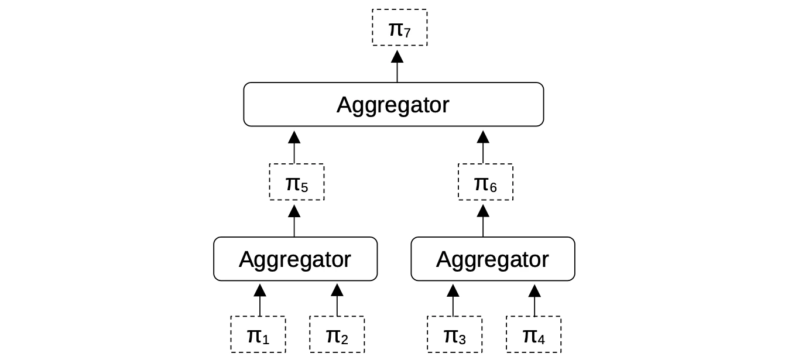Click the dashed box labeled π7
tap(400, 28)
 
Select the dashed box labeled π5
tap(296, 182)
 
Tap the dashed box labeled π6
tap(485, 182)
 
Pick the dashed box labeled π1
tap(258, 334)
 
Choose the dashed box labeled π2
tap(337, 334)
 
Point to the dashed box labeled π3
tap(454, 334)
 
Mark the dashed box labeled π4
tap(533, 334)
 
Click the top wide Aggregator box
tap(393, 104)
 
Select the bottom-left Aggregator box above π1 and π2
tap(295, 259)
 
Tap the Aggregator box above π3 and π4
tap(493, 259)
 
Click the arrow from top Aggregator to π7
tap(397, 66)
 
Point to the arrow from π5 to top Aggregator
tap(294, 147)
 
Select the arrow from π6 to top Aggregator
tap(483, 147)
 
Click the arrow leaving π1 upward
tap(260, 299)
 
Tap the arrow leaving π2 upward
tap(337, 299)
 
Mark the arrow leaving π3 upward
tap(453, 299)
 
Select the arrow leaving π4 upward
tap(534, 299)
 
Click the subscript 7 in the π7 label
tap(407, 33)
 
